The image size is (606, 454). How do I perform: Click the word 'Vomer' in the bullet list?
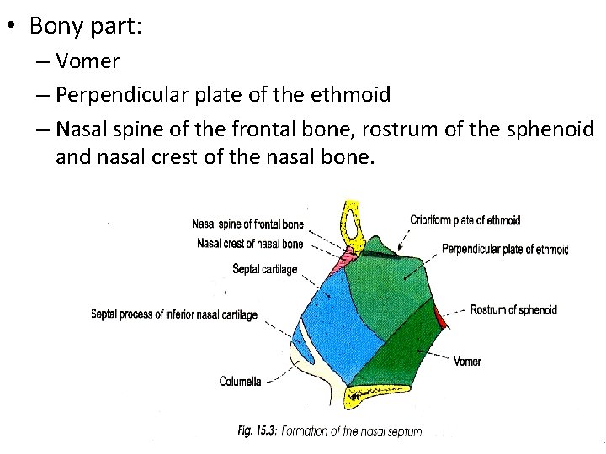coord(88,61)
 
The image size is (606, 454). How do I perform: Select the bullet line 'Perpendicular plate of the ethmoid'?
coord(223,95)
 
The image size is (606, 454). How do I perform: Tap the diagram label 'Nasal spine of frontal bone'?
coord(247,224)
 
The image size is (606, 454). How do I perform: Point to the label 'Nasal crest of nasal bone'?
coord(250,244)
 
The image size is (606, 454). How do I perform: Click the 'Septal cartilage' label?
coord(264,269)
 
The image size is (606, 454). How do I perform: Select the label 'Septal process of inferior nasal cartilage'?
coord(173,314)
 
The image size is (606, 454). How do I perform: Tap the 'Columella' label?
coord(240,381)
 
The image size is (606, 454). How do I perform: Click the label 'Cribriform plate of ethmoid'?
coord(465,220)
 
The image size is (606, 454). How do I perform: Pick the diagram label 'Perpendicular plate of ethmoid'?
coord(505,250)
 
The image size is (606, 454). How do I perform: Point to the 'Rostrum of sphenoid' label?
coord(513,310)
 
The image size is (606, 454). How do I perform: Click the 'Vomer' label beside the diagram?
coord(467,362)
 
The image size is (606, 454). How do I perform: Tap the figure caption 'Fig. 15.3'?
coord(257,431)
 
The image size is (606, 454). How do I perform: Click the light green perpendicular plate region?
coord(396,286)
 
